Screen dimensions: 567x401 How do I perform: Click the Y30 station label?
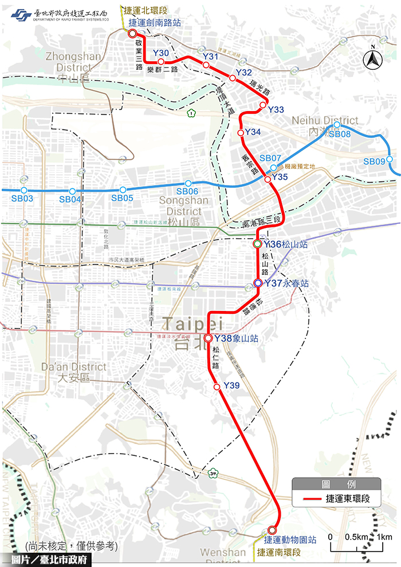161,53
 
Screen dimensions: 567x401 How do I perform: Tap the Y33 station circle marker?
262,105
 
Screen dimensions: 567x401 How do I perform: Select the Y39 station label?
231,384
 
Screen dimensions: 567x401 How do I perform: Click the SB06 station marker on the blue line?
188,184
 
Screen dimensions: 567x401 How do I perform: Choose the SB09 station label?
374,162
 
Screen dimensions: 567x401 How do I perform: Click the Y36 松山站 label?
286,244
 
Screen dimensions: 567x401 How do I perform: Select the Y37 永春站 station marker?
258,283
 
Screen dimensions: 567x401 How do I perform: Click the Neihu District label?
325,121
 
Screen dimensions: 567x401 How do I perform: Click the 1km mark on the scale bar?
384,537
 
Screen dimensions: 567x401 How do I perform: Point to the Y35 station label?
280,177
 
